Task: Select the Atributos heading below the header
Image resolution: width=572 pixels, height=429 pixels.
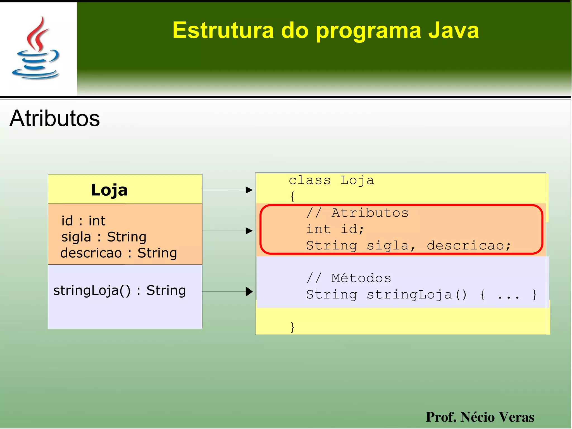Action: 55,118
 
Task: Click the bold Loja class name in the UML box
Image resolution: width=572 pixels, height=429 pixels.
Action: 109,190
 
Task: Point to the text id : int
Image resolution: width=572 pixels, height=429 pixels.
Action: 83,221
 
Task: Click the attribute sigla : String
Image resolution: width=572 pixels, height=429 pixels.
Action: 104,237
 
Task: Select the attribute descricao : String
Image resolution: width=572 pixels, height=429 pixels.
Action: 118,253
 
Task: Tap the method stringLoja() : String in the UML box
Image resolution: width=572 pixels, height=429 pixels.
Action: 120,290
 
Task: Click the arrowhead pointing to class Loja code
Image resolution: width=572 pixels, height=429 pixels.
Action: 249,190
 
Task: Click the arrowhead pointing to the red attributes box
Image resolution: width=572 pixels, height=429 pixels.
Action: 249,231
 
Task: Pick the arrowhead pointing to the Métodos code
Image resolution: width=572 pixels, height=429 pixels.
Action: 249,291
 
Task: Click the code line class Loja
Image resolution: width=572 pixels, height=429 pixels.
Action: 331,181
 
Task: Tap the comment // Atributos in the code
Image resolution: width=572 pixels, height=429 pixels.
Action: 357,213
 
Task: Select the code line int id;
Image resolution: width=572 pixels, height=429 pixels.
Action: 335,229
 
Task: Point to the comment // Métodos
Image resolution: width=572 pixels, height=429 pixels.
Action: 349,278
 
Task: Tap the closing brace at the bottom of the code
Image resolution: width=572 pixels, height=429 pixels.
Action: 292,327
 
